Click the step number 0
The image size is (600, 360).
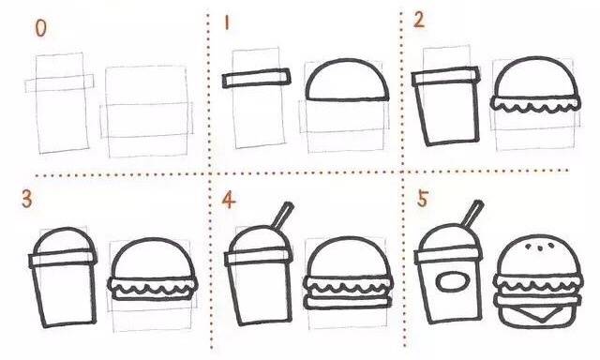40,28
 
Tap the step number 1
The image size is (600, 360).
227,22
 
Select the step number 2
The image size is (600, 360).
419,19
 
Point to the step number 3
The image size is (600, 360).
27,200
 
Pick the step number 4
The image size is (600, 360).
229,200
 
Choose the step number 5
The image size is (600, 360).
422,200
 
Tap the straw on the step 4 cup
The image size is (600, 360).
283,215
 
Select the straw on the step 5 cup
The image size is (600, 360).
472,214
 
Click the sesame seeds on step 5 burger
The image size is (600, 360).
540,247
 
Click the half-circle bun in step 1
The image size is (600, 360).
347,61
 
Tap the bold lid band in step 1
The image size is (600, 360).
256,79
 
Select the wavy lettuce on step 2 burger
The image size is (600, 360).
535,105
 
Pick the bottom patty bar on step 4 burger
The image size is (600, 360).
348,302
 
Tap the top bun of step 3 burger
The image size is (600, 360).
153,240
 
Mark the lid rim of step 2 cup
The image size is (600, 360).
446,77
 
